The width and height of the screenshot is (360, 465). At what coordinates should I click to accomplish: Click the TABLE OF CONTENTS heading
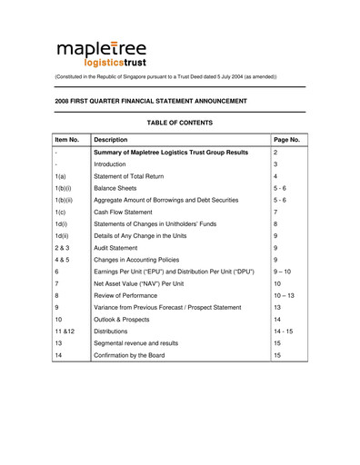pos(179,123)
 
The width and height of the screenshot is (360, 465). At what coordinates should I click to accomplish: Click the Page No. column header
pos(286,140)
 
